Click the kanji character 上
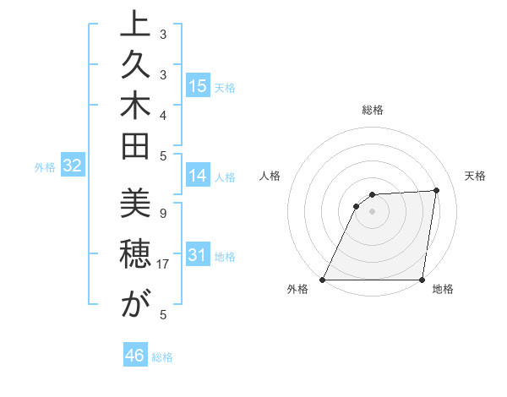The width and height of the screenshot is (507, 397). click(135, 26)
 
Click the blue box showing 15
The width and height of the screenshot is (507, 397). click(198, 86)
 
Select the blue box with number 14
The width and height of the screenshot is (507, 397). click(198, 176)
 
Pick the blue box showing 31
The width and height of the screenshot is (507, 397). click(198, 255)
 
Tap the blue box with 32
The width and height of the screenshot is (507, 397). click(73, 166)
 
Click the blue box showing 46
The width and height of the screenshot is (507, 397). click(135, 356)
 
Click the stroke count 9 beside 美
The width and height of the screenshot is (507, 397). click(163, 213)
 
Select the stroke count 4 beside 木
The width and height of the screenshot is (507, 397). click(163, 114)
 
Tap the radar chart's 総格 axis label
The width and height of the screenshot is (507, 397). click(373, 110)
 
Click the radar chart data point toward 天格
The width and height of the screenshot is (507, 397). click(436, 190)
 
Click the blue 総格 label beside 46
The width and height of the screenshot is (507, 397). click(162, 357)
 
